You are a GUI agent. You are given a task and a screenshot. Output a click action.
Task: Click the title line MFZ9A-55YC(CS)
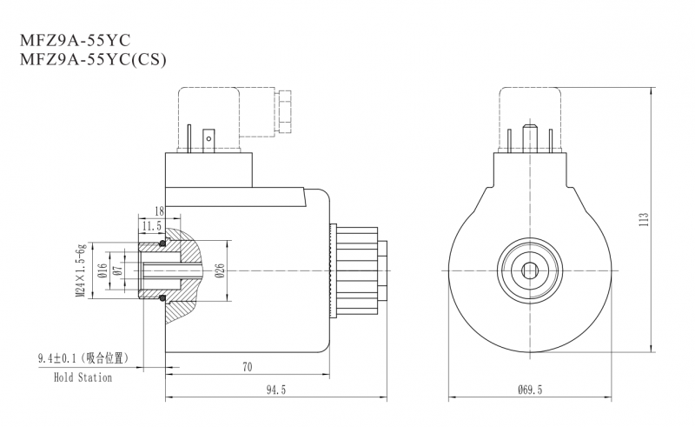pos(86,60)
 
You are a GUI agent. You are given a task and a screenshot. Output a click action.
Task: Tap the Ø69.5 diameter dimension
pos(526,390)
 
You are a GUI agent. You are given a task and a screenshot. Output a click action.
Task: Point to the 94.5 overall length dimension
pos(275,390)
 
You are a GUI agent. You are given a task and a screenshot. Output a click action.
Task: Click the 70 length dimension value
pos(247,368)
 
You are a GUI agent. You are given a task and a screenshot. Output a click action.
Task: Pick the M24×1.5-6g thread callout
pos(79,271)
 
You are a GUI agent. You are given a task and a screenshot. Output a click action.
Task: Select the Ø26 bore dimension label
pos(220,271)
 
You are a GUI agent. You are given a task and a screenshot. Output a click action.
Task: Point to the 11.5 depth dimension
pos(152,225)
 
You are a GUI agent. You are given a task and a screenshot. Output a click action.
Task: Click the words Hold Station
pos(83,378)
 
